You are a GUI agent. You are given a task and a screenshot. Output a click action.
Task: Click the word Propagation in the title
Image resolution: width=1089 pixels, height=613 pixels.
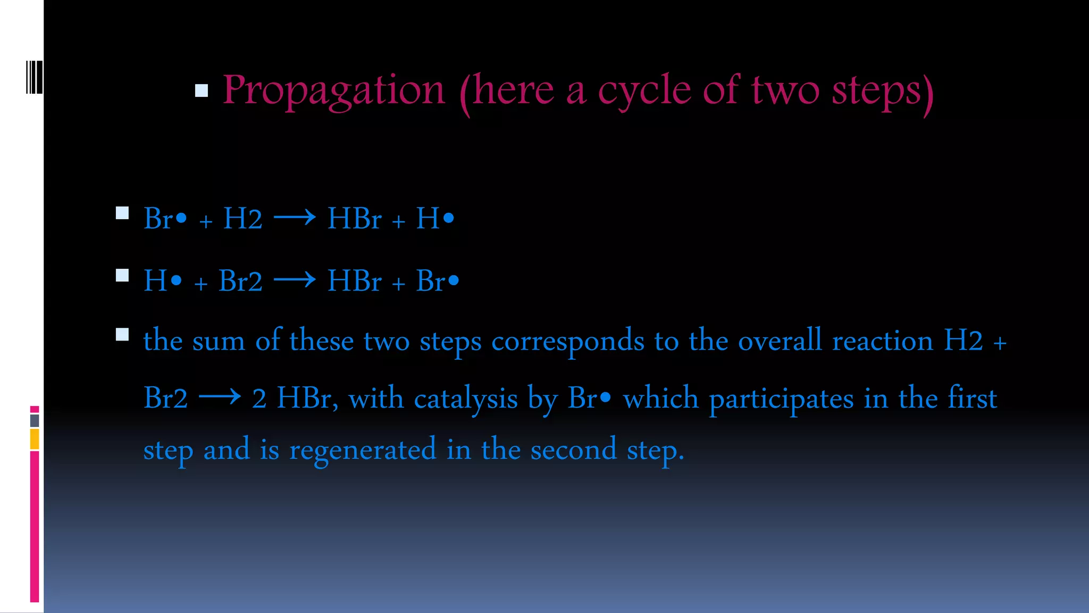333,90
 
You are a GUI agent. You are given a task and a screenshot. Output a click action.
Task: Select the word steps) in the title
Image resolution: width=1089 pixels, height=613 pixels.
883,92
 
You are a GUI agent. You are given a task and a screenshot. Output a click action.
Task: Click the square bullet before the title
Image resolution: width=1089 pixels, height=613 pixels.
202,91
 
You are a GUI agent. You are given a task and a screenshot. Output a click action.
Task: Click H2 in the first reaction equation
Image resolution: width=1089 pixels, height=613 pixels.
242,219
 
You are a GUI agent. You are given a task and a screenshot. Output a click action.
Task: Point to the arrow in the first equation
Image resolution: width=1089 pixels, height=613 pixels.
295,218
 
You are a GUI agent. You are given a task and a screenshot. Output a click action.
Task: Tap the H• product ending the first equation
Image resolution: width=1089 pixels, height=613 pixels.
435,219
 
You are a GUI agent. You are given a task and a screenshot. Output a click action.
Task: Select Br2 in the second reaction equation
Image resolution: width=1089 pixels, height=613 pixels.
240,281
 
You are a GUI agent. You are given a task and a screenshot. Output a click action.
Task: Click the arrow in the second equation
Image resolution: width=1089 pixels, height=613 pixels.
295,280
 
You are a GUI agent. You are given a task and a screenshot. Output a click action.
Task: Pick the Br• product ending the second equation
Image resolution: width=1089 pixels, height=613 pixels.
437,281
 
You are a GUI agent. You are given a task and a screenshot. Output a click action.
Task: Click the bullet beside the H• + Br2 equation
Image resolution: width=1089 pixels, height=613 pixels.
122,276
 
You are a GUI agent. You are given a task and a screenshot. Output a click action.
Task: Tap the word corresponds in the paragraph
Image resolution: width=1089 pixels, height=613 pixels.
567,342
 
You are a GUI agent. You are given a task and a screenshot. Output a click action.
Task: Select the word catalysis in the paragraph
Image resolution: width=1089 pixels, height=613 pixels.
465,399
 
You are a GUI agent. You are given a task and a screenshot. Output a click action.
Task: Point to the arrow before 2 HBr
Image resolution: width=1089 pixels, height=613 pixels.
220,397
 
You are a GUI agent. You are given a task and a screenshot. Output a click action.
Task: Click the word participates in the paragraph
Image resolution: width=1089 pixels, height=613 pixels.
781,399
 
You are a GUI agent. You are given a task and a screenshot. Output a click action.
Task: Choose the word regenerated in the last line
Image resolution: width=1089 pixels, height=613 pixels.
363,450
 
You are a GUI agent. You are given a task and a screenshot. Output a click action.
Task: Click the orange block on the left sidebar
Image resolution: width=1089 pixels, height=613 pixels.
35,440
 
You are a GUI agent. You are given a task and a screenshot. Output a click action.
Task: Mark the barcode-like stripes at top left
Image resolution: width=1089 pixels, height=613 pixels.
34,77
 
